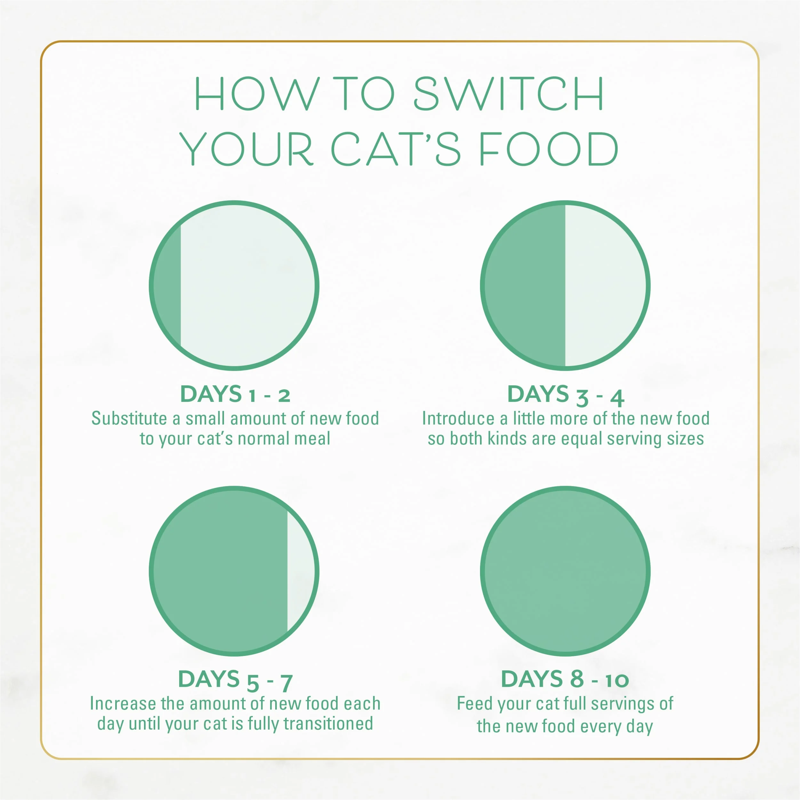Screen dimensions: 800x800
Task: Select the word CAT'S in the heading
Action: click(395, 149)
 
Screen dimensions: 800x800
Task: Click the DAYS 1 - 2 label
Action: click(235, 394)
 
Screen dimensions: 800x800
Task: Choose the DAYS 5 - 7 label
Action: click(235, 680)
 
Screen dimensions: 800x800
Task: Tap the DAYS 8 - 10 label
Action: click(565, 679)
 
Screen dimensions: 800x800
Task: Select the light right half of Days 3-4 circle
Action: click(604, 286)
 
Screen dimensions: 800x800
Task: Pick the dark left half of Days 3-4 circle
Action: click(526, 286)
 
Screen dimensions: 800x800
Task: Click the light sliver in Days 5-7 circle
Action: click(300, 572)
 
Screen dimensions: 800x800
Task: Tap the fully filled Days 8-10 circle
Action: click(565, 572)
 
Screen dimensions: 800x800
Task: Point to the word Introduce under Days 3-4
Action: click(458, 419)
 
